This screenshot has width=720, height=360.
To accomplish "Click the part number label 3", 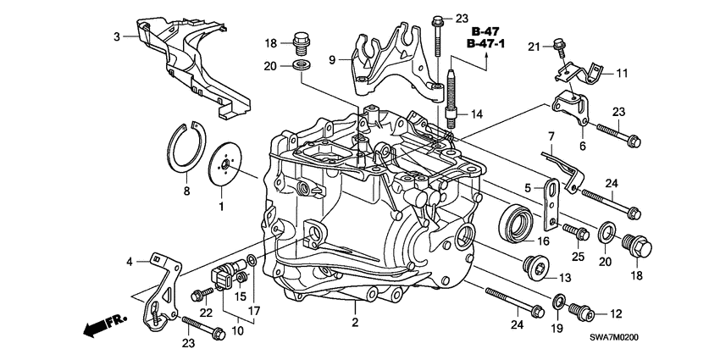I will click(x=119, y=36).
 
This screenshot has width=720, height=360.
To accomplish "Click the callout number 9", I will click(x=333, y=58).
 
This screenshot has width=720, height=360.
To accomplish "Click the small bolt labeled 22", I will click(x=202, y=294).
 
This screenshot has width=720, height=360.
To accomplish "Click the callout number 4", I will click(x=130, y=262).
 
